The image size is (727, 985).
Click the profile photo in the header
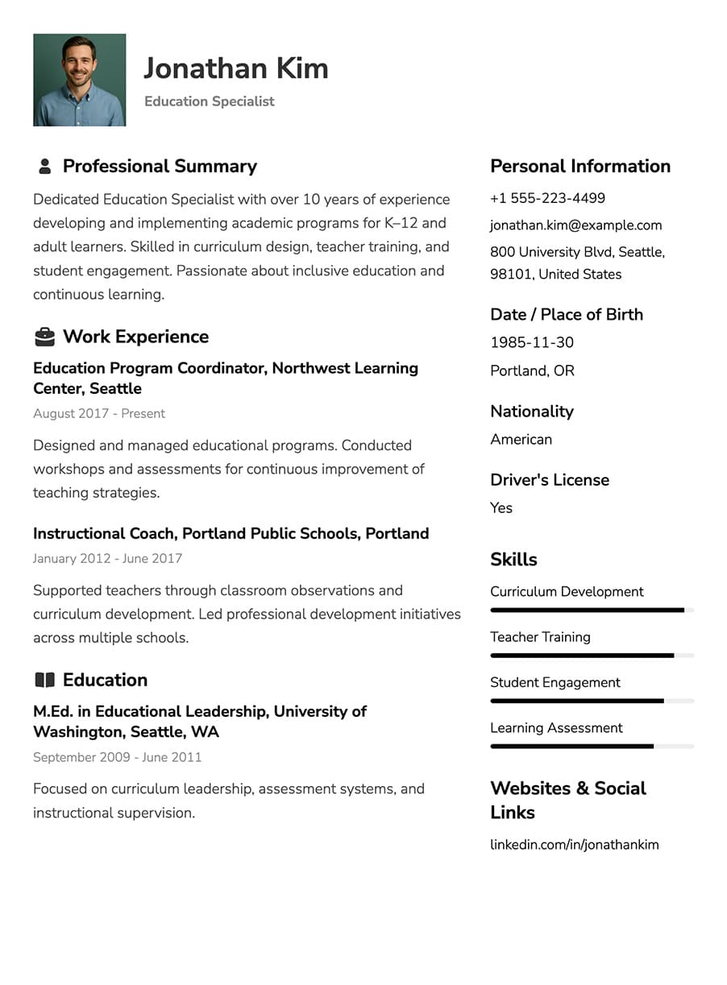click(79, 80)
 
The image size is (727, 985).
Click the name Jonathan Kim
click(235, 68)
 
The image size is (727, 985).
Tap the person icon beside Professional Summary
click(45, 167)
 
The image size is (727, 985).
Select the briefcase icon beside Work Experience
click(45, 337)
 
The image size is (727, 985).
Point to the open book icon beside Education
click(45, 681)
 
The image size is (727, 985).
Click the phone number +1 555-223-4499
click(547, 198)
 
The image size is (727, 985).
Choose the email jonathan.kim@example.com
click(575, 226)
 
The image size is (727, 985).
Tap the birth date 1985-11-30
click(532, 342)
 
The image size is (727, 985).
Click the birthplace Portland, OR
click(532, 370)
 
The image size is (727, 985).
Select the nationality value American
click(521, 439)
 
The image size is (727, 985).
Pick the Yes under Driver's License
click(501, 507)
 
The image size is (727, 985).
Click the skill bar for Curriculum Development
click(592, 610)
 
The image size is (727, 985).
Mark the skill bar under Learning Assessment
click(592, 747)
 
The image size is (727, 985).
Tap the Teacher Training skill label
click(540, 637)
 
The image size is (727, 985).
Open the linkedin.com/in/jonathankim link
click(574, 845)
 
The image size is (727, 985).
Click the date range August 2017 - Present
click(99, 413)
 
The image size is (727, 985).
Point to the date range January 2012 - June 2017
click(107, 558)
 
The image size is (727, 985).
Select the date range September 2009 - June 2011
click(117, 757)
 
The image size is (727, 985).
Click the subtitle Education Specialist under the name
click(210, 101)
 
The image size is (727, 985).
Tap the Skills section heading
click(513, 559)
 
